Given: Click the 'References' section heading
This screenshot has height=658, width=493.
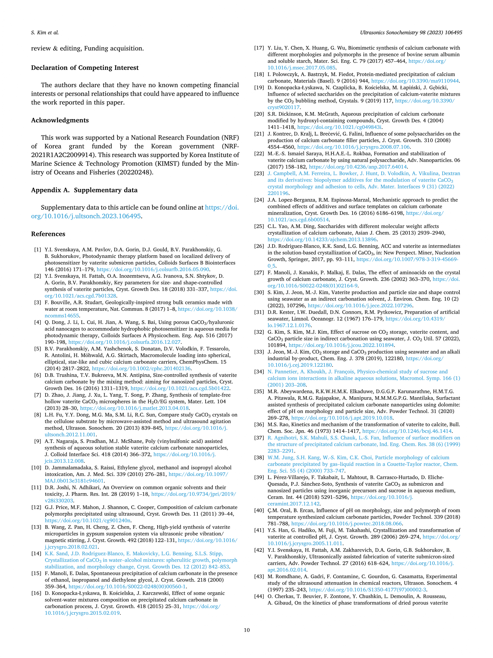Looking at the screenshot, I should [x=48, y=234].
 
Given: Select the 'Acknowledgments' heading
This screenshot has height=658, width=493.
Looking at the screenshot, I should [x=60, y=120].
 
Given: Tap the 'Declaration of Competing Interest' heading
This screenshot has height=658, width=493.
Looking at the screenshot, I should [x=85, y=68].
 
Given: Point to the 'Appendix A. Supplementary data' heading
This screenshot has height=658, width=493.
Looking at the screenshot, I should [x=84, y=190].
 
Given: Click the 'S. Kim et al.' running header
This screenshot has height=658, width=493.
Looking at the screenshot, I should [x=45, y=32].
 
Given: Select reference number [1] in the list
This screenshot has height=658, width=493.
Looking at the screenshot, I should [x=38, y=250].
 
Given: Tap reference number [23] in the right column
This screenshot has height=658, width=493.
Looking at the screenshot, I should [x=259, y=173].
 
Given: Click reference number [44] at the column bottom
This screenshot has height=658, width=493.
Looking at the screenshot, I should [x=259, y=596].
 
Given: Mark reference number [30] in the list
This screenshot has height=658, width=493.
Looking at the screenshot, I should [x=259, y=292].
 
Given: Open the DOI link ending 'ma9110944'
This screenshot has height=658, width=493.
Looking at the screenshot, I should [x=415, y=81].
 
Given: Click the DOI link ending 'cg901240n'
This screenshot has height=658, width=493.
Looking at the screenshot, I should [x=88, y=520].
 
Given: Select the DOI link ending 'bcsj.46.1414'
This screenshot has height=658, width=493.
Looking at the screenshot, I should [x=407, y=431].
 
